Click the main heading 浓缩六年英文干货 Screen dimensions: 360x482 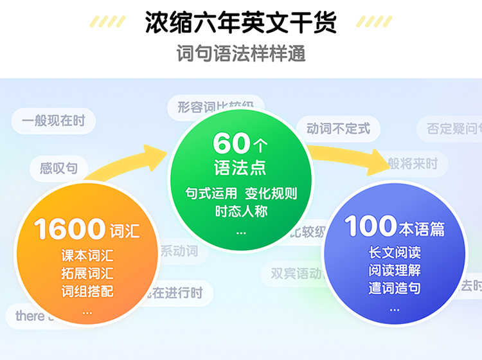click(x=240, y=22)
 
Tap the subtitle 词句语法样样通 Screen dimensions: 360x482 click(x=241, y=53)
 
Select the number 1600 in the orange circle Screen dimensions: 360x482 click(x=69, y=229)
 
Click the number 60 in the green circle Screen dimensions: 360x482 click(x=230, y=143)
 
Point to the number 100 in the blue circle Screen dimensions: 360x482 click(x=371, y=226)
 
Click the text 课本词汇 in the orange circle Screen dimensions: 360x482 click(x=87, y=255)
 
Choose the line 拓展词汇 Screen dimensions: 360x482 click(x=87, y=273)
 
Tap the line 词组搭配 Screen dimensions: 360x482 click(x=87, y=291)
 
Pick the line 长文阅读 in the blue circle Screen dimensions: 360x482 click(x=395, y=253)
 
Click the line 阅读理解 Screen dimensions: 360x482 click(x=395, y=270)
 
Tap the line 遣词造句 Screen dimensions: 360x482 click(x=395, y=288)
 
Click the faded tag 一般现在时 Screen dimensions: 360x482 click(x=53, y=120)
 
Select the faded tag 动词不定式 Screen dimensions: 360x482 click(x=338, y=129)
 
